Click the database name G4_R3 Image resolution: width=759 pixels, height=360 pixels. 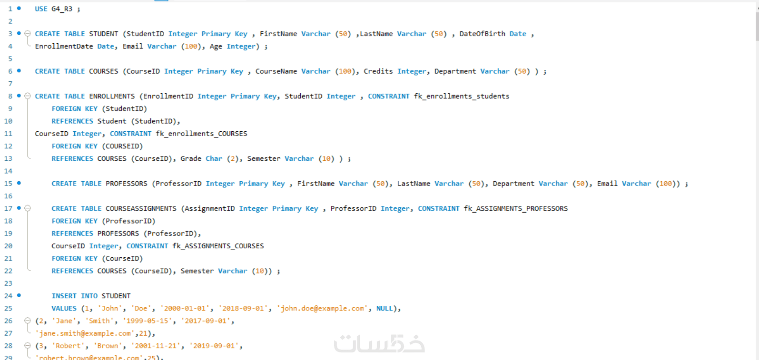(62, 9)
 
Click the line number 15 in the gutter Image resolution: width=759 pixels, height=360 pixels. (8, 184)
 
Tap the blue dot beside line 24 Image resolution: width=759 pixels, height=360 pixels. (19, 295)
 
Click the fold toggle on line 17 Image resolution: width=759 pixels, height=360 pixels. (28, 208)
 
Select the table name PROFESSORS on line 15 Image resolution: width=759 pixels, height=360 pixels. (127, 184)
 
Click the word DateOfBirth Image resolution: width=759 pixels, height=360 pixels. (482, 34)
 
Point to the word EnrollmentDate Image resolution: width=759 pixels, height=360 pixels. (64, 47)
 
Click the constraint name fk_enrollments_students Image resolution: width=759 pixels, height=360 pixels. (462, 96)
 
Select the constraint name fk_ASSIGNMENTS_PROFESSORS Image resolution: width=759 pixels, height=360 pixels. (516, 209)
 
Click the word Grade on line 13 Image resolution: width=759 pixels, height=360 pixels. (191, 158)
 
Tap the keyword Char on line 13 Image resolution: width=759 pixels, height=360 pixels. (214, 158)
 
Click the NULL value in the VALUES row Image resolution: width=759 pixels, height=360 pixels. (384, 309)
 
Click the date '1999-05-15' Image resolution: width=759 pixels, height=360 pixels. (147, 321)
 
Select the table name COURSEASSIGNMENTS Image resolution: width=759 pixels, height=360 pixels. (141, 209)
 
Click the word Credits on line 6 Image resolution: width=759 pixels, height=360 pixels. (378, 71)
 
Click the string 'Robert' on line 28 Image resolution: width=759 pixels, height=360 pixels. (68, 346)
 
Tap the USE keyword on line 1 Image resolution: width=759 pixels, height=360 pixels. (41, 9)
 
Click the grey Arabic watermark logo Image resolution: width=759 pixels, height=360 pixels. (379, 343)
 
